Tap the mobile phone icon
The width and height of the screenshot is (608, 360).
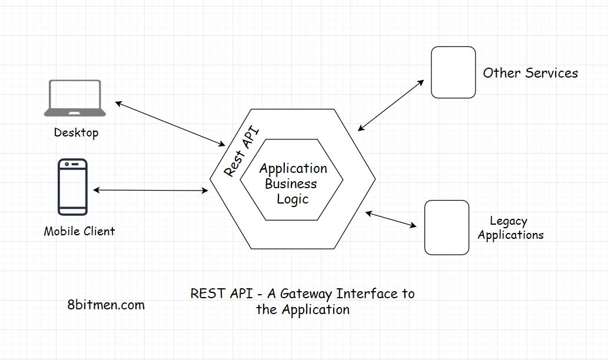[x=72, y=187]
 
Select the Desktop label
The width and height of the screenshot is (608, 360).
[x=76, y=132]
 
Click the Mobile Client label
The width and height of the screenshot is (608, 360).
[x=79, y=231]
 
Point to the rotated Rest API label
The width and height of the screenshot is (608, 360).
[x=242, y=151]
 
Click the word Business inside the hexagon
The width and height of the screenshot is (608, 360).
[x=291, y=184]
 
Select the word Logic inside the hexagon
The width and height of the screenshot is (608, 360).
[x=293, y=199]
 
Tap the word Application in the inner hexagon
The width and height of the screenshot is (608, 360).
[x=293, y=169]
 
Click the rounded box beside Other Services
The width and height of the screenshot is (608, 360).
[x=453, y=72]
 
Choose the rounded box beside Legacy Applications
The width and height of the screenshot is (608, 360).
[x=447, y=228]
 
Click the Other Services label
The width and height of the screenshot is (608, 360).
[x=530, y=73]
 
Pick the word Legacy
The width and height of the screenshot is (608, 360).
[x=509, y=221]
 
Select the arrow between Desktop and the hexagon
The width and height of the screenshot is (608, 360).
[x=170, y=124]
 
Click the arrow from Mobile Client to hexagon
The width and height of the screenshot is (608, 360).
[x=151, y=190]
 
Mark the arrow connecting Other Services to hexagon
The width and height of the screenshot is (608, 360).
[x=391, y=105]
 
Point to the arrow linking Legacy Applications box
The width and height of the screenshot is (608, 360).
[x=391, y=219]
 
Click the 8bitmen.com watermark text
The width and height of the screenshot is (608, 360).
[x=106, y=305]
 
